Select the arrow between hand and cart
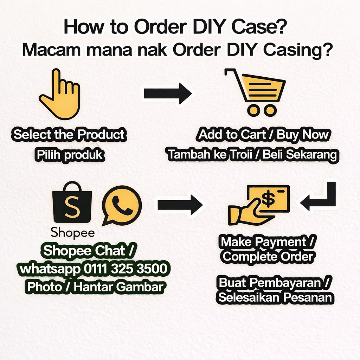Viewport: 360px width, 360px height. [x=168, y=94]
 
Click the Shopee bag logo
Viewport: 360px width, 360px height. [x=72, y=202]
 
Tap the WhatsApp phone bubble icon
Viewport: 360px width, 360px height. [x=122, y=205]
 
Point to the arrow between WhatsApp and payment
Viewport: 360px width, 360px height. [x=180, y=205]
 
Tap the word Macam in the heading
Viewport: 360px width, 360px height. [x=52, y=49]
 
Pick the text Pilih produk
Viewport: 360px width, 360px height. [x=70, y=155]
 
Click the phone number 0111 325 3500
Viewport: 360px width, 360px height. [x=126, y=268]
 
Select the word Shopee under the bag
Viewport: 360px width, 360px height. [x=72, y=232]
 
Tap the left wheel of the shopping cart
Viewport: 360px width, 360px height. [x=253, y=110]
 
